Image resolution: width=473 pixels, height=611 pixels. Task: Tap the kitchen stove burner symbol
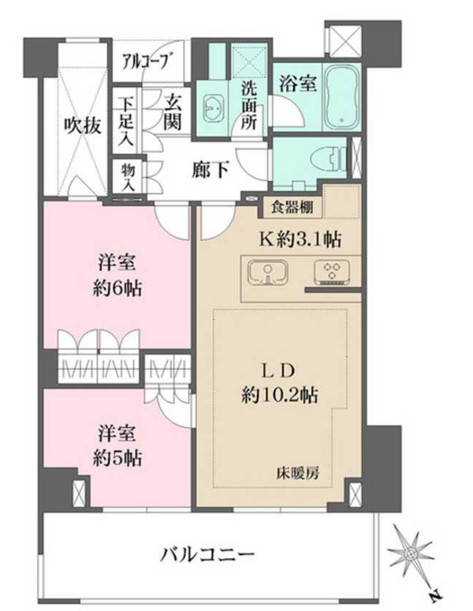(332, 272)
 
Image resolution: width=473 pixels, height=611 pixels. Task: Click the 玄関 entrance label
(173, 112)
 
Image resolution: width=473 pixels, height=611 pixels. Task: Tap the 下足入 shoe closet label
(126, 121)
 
